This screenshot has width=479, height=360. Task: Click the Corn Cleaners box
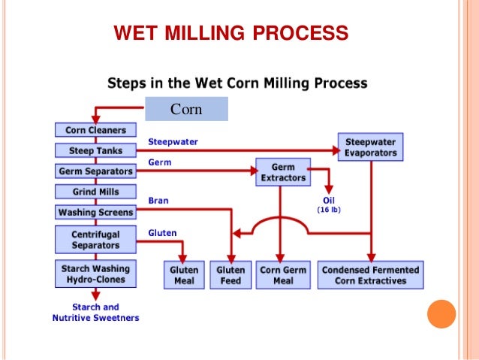tap(95, 130)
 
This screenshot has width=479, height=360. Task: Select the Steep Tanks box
tap(95, 150)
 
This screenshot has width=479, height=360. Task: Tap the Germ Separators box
tap(95, 171)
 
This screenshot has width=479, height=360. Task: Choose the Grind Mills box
tap(95, 192)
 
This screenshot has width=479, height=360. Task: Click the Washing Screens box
tap(95, 212)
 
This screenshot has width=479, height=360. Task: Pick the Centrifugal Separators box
tap(95, 240)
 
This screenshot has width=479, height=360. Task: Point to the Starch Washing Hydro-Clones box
tap(95, 274)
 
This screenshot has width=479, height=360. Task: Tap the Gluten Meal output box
tap(184, 275)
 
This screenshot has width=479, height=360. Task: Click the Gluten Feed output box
tap(230, 275)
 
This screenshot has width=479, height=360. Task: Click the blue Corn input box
tap(186, 109)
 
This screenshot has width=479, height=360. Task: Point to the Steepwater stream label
tap(173, 141)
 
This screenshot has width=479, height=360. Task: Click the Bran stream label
tap(158, 201)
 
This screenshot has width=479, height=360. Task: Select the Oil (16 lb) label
tap(327, 204)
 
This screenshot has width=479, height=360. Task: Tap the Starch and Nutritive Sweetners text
tap(95, 313)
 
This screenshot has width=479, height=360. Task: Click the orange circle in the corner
tap(441, 313)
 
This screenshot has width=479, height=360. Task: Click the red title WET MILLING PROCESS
tap(230, 33)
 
